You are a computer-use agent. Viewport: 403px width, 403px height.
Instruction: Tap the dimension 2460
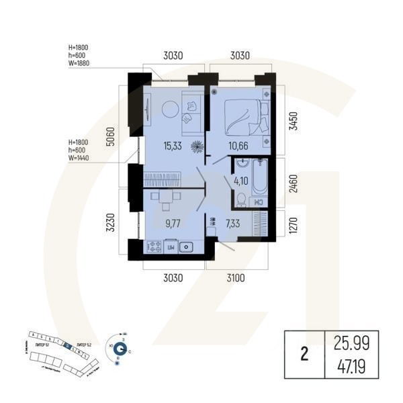291,182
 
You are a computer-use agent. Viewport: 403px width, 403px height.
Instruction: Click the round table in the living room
167,107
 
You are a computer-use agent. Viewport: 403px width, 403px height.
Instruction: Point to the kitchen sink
188,247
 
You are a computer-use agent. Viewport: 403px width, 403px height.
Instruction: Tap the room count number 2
304,356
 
